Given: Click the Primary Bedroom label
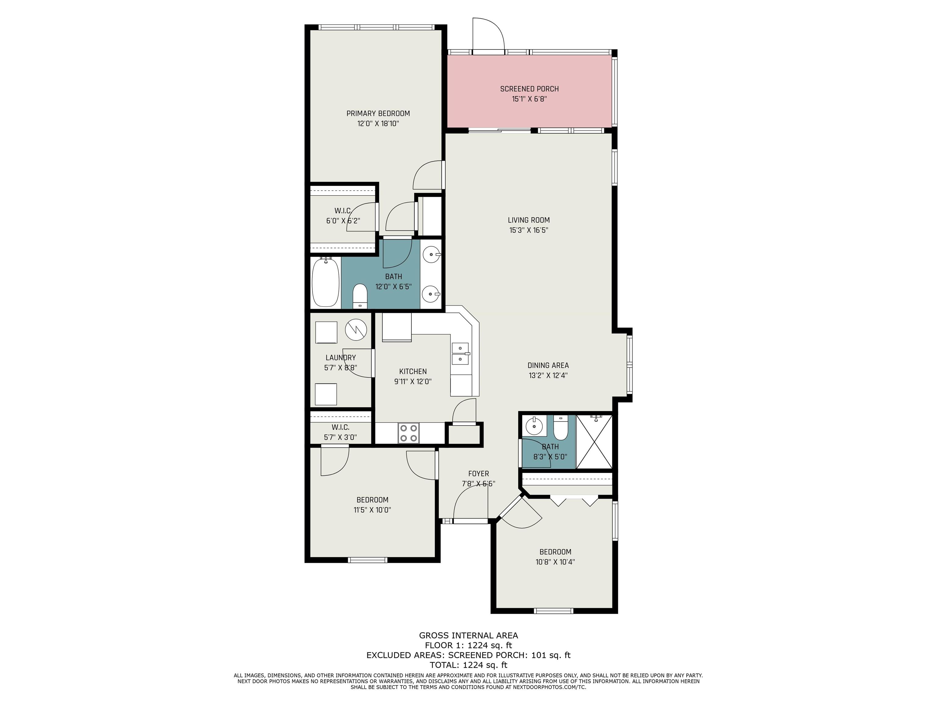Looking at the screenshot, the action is [378, 114].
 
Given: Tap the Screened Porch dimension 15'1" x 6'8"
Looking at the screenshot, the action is [530, 99].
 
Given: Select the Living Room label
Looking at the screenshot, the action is [529, 220].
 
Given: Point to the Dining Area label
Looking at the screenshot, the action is [548, 365].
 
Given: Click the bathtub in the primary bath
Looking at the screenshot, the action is [326, 282].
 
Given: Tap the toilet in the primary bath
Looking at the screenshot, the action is [360, 295].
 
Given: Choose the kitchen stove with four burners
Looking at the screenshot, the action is [408, 433].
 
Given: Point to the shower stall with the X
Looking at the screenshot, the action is [594, 442].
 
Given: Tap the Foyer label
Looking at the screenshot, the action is [478, 474].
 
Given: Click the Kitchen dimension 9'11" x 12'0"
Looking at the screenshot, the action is [413, 381].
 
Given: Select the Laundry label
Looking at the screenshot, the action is [341, 358].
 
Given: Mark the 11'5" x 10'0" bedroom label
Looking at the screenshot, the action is [372, 500].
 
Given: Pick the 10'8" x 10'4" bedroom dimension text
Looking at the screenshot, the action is [555, 562].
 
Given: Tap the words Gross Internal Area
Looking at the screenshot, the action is [468, 635].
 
